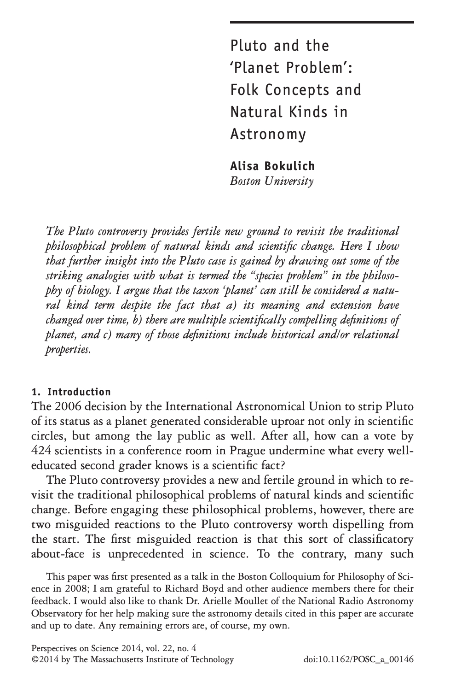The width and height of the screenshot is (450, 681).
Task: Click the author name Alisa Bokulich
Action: (x=272, y=166)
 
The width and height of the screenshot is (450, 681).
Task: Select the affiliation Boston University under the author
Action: (x=271, y=181)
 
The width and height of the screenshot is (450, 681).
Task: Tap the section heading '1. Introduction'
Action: (x=71, y=392)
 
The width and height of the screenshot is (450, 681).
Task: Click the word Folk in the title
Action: (x=245, y=89)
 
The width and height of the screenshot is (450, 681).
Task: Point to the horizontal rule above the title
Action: (x=322, y=22)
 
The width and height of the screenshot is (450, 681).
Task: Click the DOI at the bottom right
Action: (x=359, y=659)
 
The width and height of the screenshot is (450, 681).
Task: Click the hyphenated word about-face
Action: (x=58, y=554)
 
